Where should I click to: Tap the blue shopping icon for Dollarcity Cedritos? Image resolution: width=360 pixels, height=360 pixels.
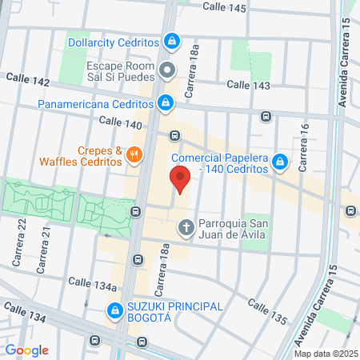click(172, 40)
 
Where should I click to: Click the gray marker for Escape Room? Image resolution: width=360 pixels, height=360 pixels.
click(167, 70)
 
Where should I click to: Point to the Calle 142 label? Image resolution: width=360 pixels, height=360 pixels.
click(26, 80)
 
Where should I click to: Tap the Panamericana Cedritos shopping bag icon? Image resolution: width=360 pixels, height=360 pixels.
click(165, 102)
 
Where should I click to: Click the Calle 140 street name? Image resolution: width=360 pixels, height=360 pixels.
click(120, 123)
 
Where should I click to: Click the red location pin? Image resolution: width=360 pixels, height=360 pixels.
click(180, 180)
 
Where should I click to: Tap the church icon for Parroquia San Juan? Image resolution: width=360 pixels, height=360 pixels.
click(186, 228)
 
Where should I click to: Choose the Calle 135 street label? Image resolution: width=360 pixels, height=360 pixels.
click(267, 311)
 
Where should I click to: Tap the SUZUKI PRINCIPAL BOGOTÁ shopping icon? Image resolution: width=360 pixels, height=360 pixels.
click(114, 310)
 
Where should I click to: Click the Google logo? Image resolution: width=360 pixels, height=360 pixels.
click(27, 350)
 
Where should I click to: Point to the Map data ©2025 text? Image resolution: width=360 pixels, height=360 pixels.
click(326, 353)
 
